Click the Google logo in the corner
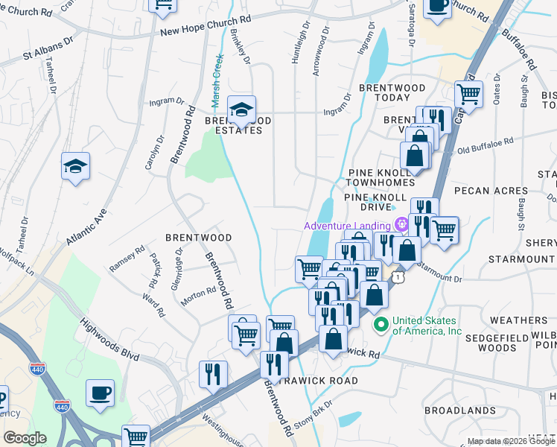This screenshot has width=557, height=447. tap(25, 439)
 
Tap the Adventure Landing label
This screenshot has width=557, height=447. tap(348, 226)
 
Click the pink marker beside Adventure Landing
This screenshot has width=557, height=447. tap(402, 223)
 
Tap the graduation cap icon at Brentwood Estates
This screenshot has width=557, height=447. tap(241, 110)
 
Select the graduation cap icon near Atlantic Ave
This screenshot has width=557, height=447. tap(75, 166)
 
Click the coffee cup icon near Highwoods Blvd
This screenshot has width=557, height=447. tap(100, 393)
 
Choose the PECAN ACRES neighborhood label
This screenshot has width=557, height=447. tap(491, 191)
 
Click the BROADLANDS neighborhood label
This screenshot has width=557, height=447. tap(459, 410)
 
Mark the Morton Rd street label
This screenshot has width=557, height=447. tap(197, 297)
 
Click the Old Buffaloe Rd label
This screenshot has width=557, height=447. tap(486, 142)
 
